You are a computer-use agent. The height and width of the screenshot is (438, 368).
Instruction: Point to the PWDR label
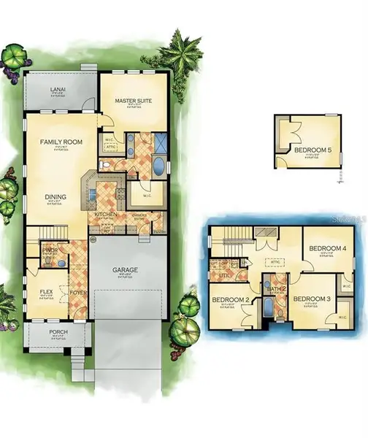pos(50,250)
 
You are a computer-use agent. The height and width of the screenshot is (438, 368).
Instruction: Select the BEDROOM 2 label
pos(231,300)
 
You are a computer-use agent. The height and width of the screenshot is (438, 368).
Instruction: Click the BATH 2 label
pos(275,291)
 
